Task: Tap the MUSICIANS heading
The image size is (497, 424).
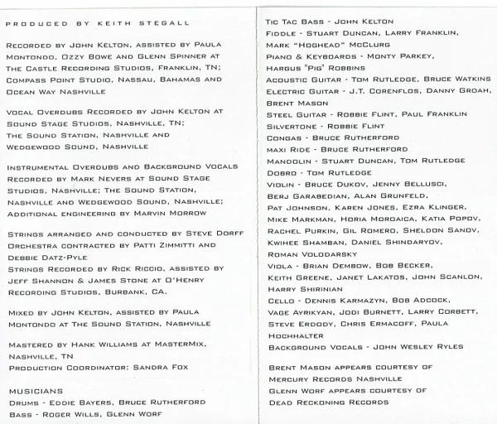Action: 36,389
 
